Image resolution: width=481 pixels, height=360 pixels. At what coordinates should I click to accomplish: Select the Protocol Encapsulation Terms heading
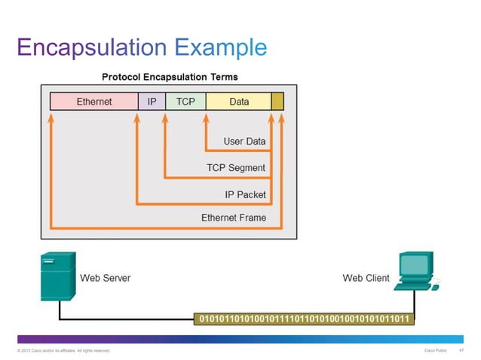click(x=170, y=77)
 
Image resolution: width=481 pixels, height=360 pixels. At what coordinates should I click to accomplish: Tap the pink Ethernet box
click(x=94, y=101)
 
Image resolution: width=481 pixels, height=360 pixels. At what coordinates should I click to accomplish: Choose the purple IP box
click(x=152, y=101)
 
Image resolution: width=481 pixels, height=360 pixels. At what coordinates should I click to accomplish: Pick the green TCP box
click(x=185, y=101)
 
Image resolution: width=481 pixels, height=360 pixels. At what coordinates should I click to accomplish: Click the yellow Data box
click(x=238, y=101)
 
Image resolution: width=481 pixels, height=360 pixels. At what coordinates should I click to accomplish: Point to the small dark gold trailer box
click(x=277, y=101)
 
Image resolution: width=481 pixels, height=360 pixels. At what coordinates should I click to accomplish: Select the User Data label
click(x=244, y=141)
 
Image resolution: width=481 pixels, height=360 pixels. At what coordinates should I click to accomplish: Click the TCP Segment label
click(x=236, y=167)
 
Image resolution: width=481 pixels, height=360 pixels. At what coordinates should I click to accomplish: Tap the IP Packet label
click(x=245, y=194)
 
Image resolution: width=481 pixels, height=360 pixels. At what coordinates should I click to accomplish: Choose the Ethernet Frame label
click(x=233, y=218)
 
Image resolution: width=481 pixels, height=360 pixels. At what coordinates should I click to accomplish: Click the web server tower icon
click(x=57, y=277)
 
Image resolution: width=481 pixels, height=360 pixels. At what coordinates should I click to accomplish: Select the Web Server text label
click(x=106, y=278)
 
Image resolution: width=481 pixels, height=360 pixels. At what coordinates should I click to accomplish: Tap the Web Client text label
click(x=366, y=278)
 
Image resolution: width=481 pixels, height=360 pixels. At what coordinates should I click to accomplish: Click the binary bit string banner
click(x=304, y=319)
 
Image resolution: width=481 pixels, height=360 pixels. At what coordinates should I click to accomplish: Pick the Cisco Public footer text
click(x=437, y=351)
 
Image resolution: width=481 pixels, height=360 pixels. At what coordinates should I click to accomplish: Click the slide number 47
click(x=461, y=351)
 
